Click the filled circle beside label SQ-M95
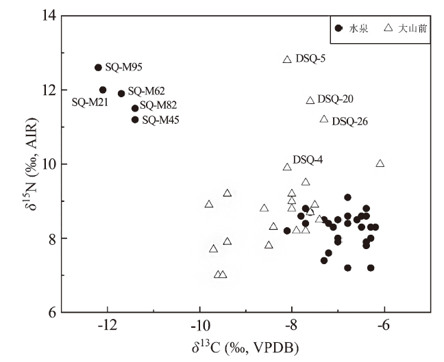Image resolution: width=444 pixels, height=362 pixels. pos(98,67)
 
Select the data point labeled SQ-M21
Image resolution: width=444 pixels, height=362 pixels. pos(103,90)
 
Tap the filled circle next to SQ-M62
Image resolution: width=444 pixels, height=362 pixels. pos(121,93)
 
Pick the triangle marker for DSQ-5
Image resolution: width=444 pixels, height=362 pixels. pos(287,60)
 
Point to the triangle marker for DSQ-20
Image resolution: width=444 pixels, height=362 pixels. pos(310,101)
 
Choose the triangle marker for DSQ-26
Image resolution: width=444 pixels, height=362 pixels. pos(324,119)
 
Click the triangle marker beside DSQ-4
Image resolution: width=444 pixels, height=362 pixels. pos(287,167)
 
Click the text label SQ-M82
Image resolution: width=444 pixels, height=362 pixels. pos(158,106)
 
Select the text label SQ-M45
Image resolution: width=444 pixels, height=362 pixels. pos(161,120)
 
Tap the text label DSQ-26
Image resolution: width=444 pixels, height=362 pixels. pos(350,122)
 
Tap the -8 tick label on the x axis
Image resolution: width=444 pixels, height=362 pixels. pos(292,325)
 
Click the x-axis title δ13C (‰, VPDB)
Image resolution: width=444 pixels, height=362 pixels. pos(245,346)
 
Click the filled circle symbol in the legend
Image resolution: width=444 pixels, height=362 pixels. pos(338,28)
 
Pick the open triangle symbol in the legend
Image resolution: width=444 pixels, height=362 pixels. pos(388,28)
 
